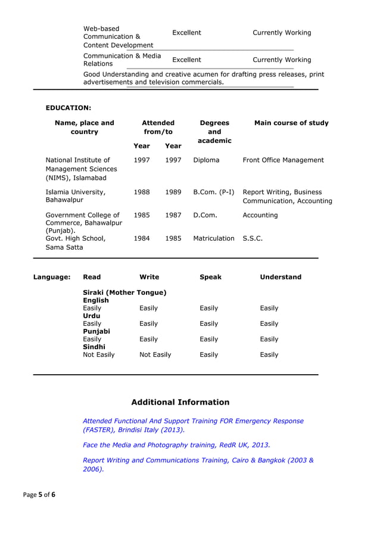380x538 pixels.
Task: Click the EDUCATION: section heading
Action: (x=68, y=108)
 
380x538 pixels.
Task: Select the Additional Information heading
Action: (x=180, y=402)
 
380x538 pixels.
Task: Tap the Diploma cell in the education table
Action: (x=206, y=160)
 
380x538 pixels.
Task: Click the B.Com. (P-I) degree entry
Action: (x=214, y=192)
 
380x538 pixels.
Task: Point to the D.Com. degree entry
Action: (x=205, y=215)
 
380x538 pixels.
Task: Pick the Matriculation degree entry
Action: (x=214, y=238)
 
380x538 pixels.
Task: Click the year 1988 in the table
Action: (x=142, y=192)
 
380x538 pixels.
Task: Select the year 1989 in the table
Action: (x=173, y=192)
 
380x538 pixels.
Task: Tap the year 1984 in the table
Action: (x=142, y=238)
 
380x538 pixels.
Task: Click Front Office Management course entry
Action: (x=283, y=160)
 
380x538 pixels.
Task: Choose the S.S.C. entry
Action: (x=253, y=238)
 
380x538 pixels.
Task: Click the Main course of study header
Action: (x=291, y=123)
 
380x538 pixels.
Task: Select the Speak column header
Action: (x=210, y=277)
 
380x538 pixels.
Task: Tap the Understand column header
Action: (x=281, y=277)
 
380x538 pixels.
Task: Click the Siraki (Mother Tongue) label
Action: (x=124, y=293)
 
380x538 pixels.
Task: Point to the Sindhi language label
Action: (x=94, y=347)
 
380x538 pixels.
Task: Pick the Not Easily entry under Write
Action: (x=155, y=354)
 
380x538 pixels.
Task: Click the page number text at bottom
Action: (x=39, y=495)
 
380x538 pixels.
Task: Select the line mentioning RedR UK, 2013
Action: (x=176, y=444)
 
